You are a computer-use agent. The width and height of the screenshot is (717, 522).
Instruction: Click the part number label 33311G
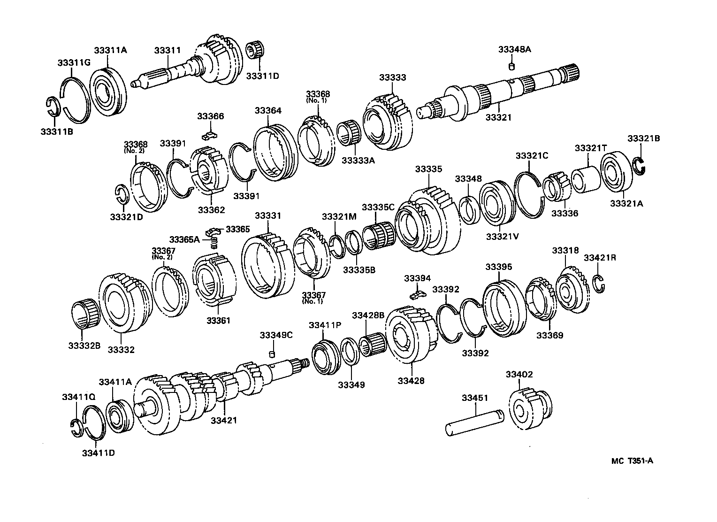click(x=74, y=62)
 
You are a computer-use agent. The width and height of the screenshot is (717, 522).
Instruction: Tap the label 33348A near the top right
click(x=514, y=49)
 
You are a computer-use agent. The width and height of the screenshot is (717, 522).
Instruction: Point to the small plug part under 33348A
click(x=512, y=67)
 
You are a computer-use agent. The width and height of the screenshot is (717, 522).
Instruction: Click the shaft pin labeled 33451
click(x=474, y=421)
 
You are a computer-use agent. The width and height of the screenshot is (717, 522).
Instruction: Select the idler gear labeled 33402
click(x=529, y=408)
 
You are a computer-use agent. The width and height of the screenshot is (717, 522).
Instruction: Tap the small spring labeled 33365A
click(x=214, y=242)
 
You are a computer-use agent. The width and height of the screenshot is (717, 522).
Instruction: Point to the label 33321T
click(x=591, y=148)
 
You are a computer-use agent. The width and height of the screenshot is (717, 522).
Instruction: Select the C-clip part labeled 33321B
click(x=640, y=166)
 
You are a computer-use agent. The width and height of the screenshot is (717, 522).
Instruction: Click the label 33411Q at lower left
click(x=78, y=397)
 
